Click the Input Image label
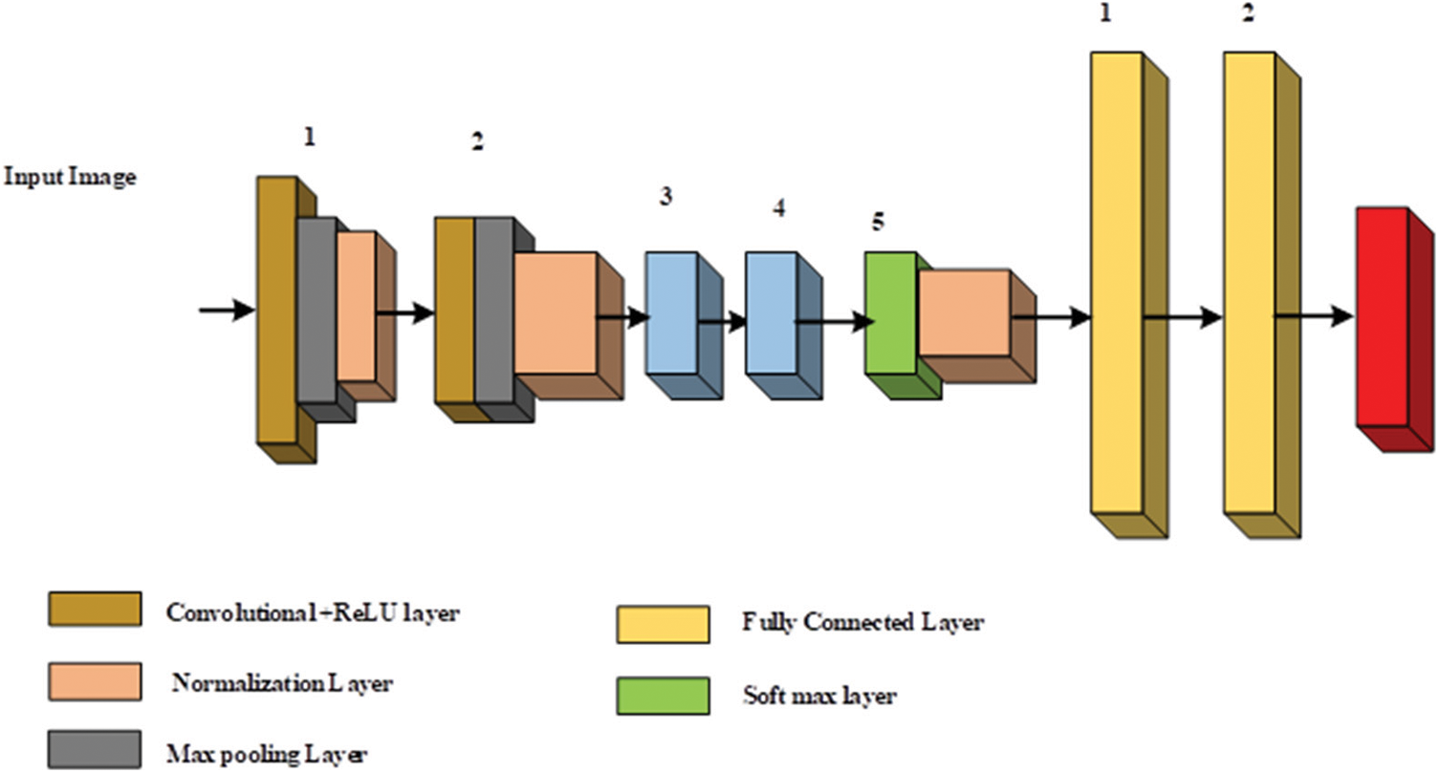tap(70, 177)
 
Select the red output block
tap(1382, 315)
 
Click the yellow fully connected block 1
tap(1117, 282)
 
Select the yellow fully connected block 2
tap(1249, 282)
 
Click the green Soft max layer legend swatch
tap(663, 696)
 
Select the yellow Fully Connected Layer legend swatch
tap(663, 624)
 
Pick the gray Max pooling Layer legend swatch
tap(95, 751)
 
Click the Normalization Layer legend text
tap(282, 683)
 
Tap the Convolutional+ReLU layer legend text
tap(312, 612)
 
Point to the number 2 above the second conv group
tap(477, 142)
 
